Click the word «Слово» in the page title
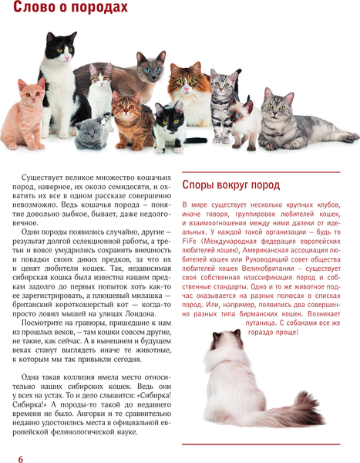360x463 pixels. click(x=25, y=9)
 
